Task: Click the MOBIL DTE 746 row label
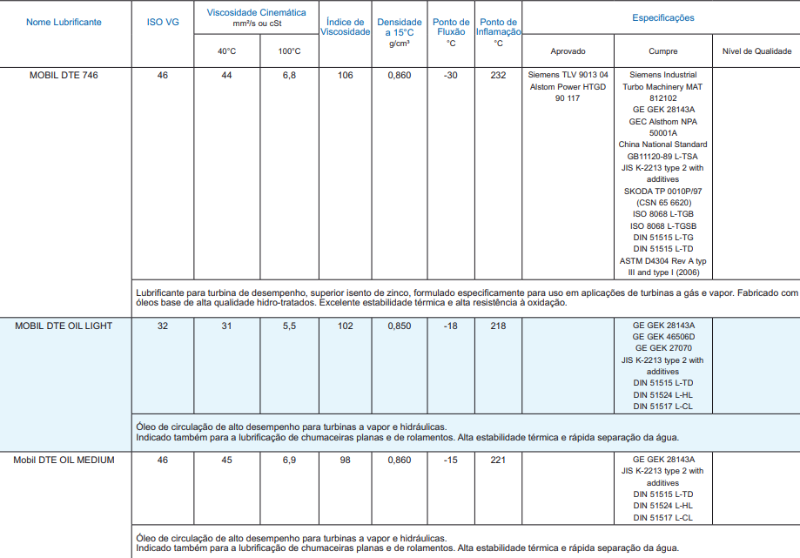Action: pyautogui.click(x=64, y=76)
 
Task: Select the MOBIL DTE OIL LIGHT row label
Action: pyautogui.click(x=64, y=326)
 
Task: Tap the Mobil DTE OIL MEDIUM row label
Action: pyautogui.click(x=64, y=460)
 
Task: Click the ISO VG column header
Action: pyautogui.click(x=163, y=22)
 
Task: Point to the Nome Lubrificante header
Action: pyautogui.click(x=64, y=22)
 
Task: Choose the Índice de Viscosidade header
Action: pyautogui.click(x=345, y=27)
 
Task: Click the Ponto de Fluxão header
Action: pyautogui.click(x=451, y=31)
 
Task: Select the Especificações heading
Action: pyautogui.click(x=662, y=17)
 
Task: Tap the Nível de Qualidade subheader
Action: pyautogui.click(x=756, y=51)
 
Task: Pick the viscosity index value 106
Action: pyautogui.click(x=345, y=76)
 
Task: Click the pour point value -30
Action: pyautogui.click(x=451, y=76)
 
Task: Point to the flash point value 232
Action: pyautogui.click(x=498, y=76)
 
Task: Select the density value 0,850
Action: pyautogui.click(x=400, y=326)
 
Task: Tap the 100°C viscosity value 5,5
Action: pyautogui.click(x=290, y=326)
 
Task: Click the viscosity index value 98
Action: pyautogui.click(x=345, y=460)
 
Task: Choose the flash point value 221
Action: pyautogui.click(x=498, y=460)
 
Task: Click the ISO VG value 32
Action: pyautogui.click(x=163, y=326)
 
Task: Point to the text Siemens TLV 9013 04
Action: pyautogui.click(x=568, y=76)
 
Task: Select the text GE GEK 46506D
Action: pyautogui.click(x=663, y=337)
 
